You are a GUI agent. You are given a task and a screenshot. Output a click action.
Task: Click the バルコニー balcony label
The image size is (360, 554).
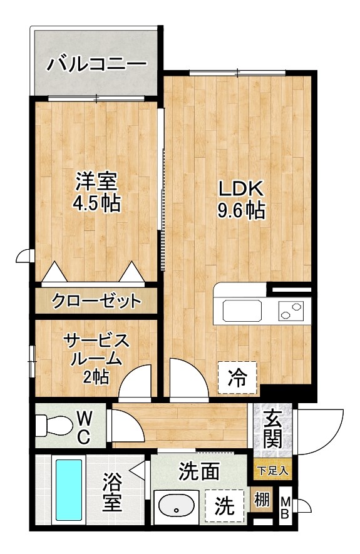click(x=96, y=64)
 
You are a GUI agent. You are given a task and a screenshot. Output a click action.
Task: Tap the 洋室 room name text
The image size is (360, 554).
click(x=96, y=183)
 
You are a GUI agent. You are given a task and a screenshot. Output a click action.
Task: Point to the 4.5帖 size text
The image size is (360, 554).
click(x=96, y=204)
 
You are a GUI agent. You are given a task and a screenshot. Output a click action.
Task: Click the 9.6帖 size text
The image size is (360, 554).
click(x=240, y=211)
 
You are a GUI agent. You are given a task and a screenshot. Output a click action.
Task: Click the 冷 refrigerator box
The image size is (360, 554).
click(x=237, y=377)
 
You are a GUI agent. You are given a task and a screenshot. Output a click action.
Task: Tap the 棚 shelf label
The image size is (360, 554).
click(x=262, y=501)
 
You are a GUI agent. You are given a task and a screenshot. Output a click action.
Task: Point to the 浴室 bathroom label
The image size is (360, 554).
click(x=113, y=492)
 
